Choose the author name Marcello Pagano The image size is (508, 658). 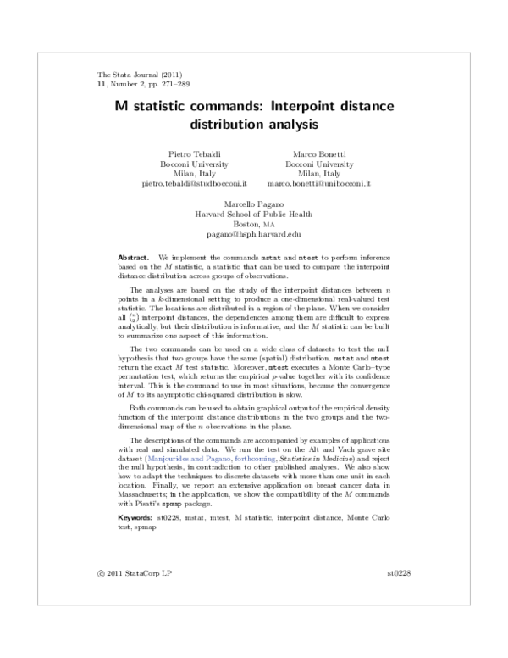254,205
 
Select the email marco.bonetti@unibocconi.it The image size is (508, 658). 319,183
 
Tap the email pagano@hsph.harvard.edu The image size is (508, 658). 254,234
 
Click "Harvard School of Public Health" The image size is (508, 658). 254,215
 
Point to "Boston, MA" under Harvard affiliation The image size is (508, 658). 254,224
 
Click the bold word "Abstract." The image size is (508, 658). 134,255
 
